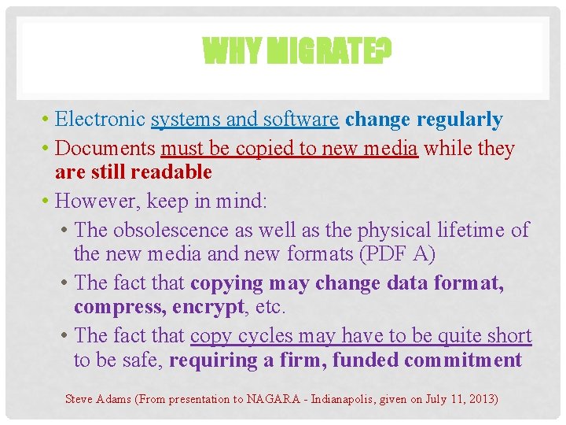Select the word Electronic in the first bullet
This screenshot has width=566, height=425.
tap(101, 120)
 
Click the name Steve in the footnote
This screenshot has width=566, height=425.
tap(78, 399)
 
